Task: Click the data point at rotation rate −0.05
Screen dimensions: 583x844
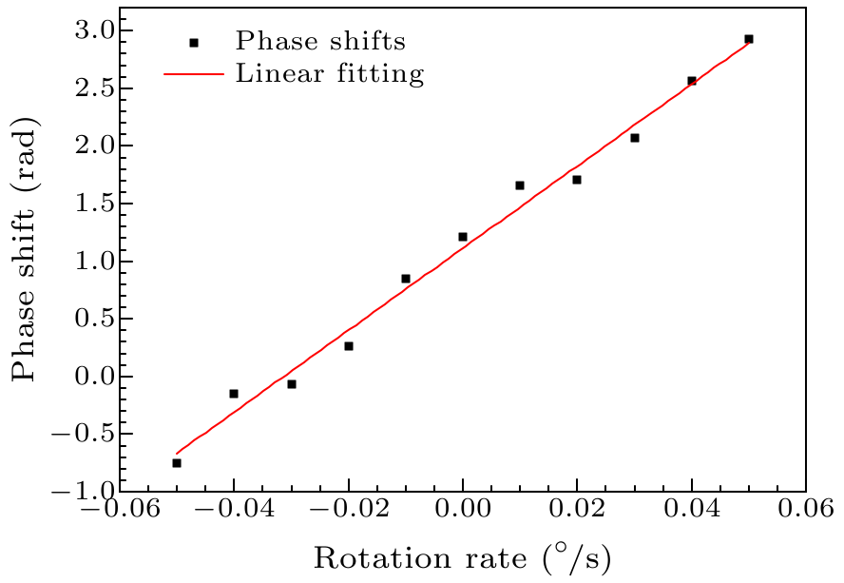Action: tap(177, 463)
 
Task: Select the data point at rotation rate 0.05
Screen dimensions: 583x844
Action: tap(749, 39)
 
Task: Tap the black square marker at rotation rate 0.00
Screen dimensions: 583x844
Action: tap(463, 237)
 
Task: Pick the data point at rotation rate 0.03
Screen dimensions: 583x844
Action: tap(635, 138)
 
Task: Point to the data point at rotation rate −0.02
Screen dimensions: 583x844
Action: tap(349, 346)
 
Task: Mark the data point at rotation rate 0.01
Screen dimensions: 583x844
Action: tap(520, 185)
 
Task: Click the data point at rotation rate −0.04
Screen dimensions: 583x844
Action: tap(234, 394)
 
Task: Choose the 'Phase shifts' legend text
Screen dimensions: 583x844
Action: tap(321, 42)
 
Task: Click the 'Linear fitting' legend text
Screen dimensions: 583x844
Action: tap(330, 73)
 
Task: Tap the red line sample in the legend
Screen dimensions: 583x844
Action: tap(194, 73)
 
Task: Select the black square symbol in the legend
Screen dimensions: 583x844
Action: tap(194, 43)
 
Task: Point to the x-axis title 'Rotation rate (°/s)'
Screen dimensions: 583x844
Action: tap(462, 556)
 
